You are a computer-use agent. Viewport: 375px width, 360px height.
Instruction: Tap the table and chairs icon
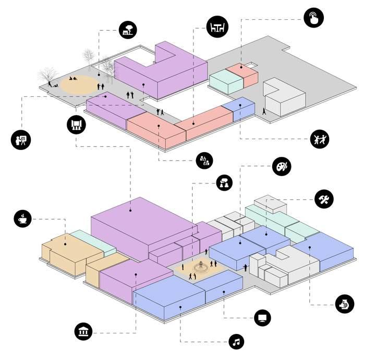tap(216, 27)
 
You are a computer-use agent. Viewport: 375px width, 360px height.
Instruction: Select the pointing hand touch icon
tap(314, 18)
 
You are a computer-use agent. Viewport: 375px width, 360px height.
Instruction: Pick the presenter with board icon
tap(21, 139)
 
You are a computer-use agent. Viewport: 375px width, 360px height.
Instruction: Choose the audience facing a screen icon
tap(76, 125)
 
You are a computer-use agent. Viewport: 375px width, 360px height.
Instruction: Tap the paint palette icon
tap(281, 167)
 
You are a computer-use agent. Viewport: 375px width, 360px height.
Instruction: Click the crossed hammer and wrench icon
tap(324, 198)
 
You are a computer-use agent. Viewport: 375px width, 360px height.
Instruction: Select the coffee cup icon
tap(23, 218)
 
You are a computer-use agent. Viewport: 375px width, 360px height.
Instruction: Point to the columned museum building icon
tap(83, 331)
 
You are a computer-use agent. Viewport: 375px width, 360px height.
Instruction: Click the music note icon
tap(237, 342)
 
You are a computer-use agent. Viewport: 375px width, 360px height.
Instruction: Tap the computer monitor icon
tap(262, 317)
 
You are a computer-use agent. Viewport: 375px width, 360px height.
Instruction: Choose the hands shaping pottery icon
tap(345, 303)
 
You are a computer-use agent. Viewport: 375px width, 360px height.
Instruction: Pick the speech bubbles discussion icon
tap(225, 182)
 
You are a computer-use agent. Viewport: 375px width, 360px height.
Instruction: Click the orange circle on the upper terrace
tap(79, 84)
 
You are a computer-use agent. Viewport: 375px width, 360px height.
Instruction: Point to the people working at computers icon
tap(204, 160)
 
